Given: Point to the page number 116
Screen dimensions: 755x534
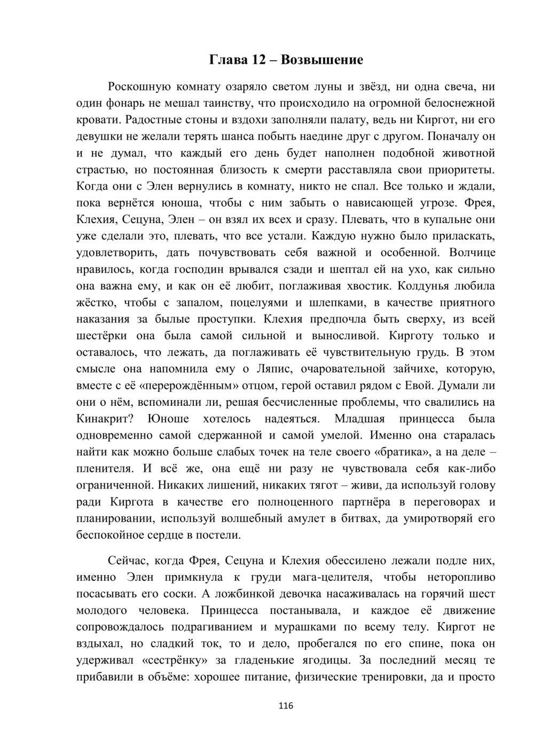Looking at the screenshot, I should tap(286, 706).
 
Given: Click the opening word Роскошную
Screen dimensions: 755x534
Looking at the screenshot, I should tap(139, 86).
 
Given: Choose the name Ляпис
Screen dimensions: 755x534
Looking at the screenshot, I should tap(275, 369).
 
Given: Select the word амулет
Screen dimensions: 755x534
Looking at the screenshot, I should tap(288, 518).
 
